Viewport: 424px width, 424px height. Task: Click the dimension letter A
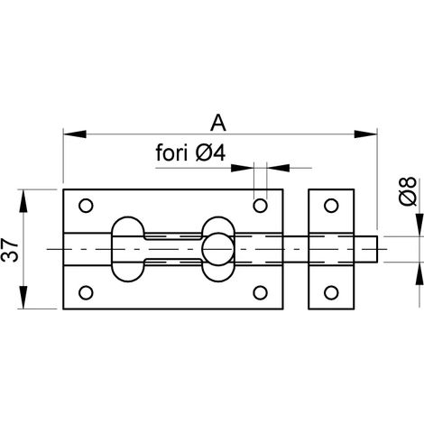click(218, 123)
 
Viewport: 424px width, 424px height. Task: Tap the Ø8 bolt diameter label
click(409, 191)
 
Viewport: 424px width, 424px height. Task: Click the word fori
click(172, 152)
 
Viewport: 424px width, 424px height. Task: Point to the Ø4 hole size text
click(210, 152)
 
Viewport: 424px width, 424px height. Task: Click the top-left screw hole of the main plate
click(86, 206)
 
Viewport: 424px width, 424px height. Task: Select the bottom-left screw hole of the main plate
click(86, 292)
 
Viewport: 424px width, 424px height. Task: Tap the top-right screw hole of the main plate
click(260, 206)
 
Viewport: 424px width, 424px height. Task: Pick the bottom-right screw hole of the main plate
click(260, 292)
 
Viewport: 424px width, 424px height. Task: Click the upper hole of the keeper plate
click(331, 206)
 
